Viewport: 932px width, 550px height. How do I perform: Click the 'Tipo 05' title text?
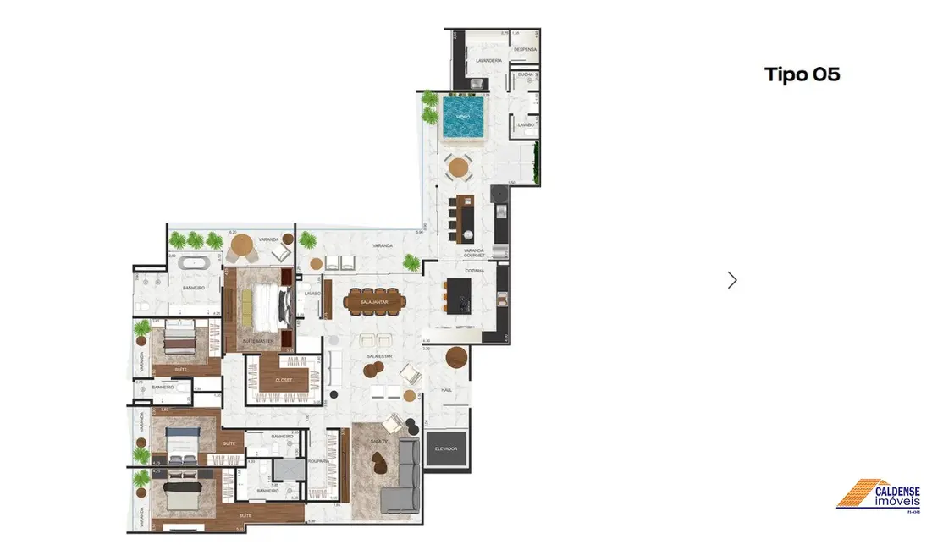802,74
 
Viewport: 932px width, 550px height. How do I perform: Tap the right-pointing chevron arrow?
732,280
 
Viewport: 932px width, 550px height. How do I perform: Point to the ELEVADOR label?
447,448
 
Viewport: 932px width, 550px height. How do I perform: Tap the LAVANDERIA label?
488,62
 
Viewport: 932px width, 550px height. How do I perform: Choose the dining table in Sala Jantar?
374,301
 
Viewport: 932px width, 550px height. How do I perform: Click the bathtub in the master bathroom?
196,264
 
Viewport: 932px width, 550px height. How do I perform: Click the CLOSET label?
284,381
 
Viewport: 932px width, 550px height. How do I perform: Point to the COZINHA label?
474,270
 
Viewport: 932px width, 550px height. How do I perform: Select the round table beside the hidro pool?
458,168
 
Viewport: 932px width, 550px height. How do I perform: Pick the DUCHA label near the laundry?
525,74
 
